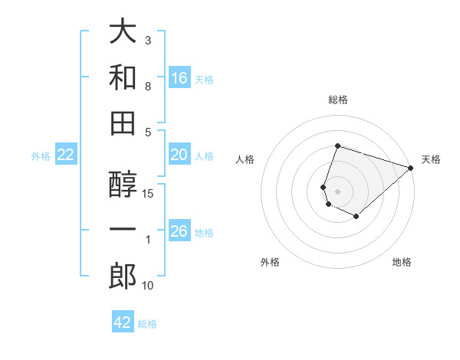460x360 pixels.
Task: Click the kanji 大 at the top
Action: coord(123,33)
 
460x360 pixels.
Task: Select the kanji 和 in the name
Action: coord(123,78)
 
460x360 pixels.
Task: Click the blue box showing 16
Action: coord(179,77)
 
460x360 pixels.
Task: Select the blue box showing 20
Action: coord(179,155)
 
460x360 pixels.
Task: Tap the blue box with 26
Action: coord(179,231)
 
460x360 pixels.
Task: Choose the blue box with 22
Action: coord(66,155)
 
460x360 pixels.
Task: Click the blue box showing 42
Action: coord(123,322)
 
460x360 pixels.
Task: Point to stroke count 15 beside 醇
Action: coord(149,193)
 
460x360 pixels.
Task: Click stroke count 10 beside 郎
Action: coord(149,286)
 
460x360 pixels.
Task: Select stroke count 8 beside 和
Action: coord(149,87)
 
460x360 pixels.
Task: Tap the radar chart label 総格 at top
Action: coord(337,100)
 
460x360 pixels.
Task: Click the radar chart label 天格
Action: coord(431,159)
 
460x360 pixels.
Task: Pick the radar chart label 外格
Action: coord(270,262)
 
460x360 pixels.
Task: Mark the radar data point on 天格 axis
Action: coord(412,168)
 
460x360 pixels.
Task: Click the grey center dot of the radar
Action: coord(337,191)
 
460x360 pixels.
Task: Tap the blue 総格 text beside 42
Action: coord(147,324)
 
